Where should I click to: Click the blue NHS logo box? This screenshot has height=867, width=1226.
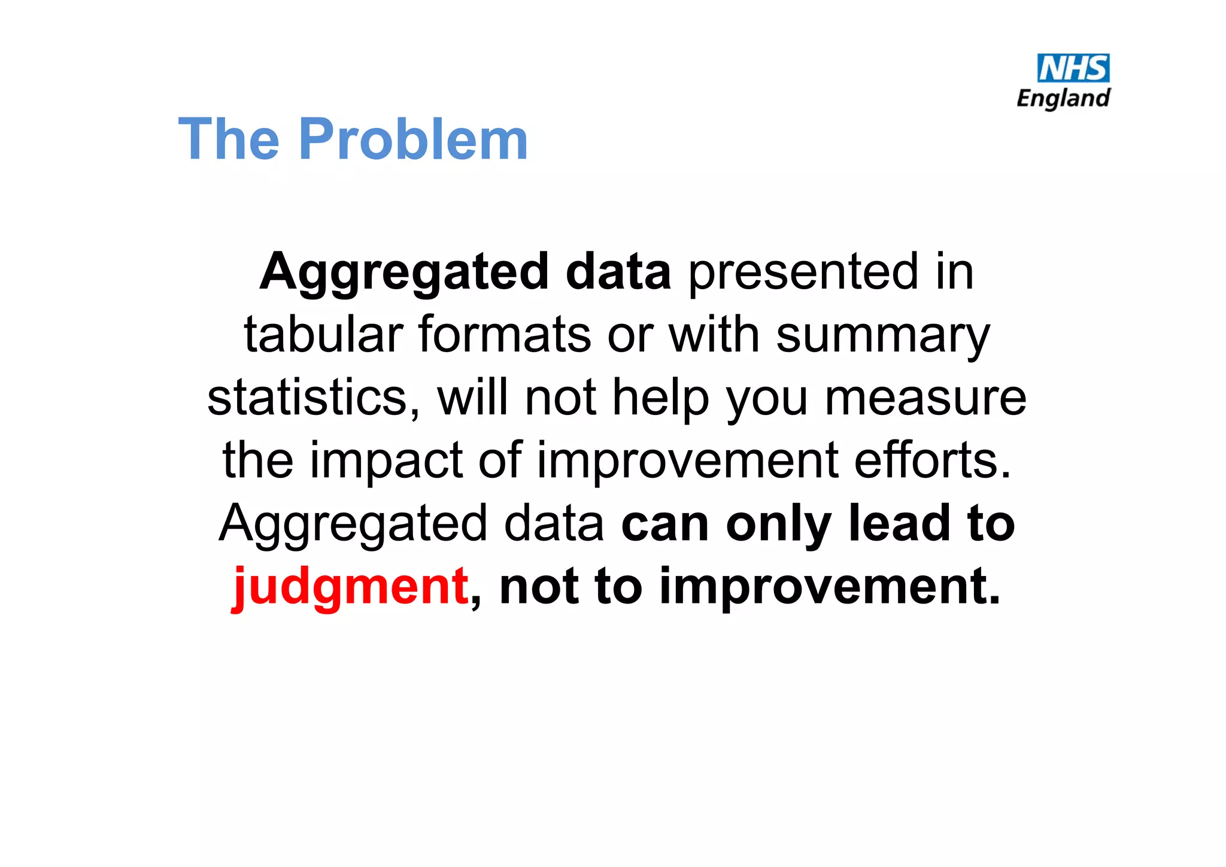[x=1073, y=68]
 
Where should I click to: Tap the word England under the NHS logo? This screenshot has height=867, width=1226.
[x=1063, y=98]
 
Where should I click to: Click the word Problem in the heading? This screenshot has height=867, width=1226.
[x=413, y=139]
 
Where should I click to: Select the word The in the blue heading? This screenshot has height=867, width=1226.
[x=229, y=139]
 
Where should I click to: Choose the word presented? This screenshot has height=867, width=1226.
[x=803, y=272]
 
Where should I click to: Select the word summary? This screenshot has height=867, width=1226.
[x=883, y=335]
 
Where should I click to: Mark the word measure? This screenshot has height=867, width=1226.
[x=925, y=398]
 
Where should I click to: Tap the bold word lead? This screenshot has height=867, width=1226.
[x=899, y=523]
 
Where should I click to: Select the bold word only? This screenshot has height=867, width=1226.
[x=779, y=525]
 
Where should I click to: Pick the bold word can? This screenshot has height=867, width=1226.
[x=665, y=525]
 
